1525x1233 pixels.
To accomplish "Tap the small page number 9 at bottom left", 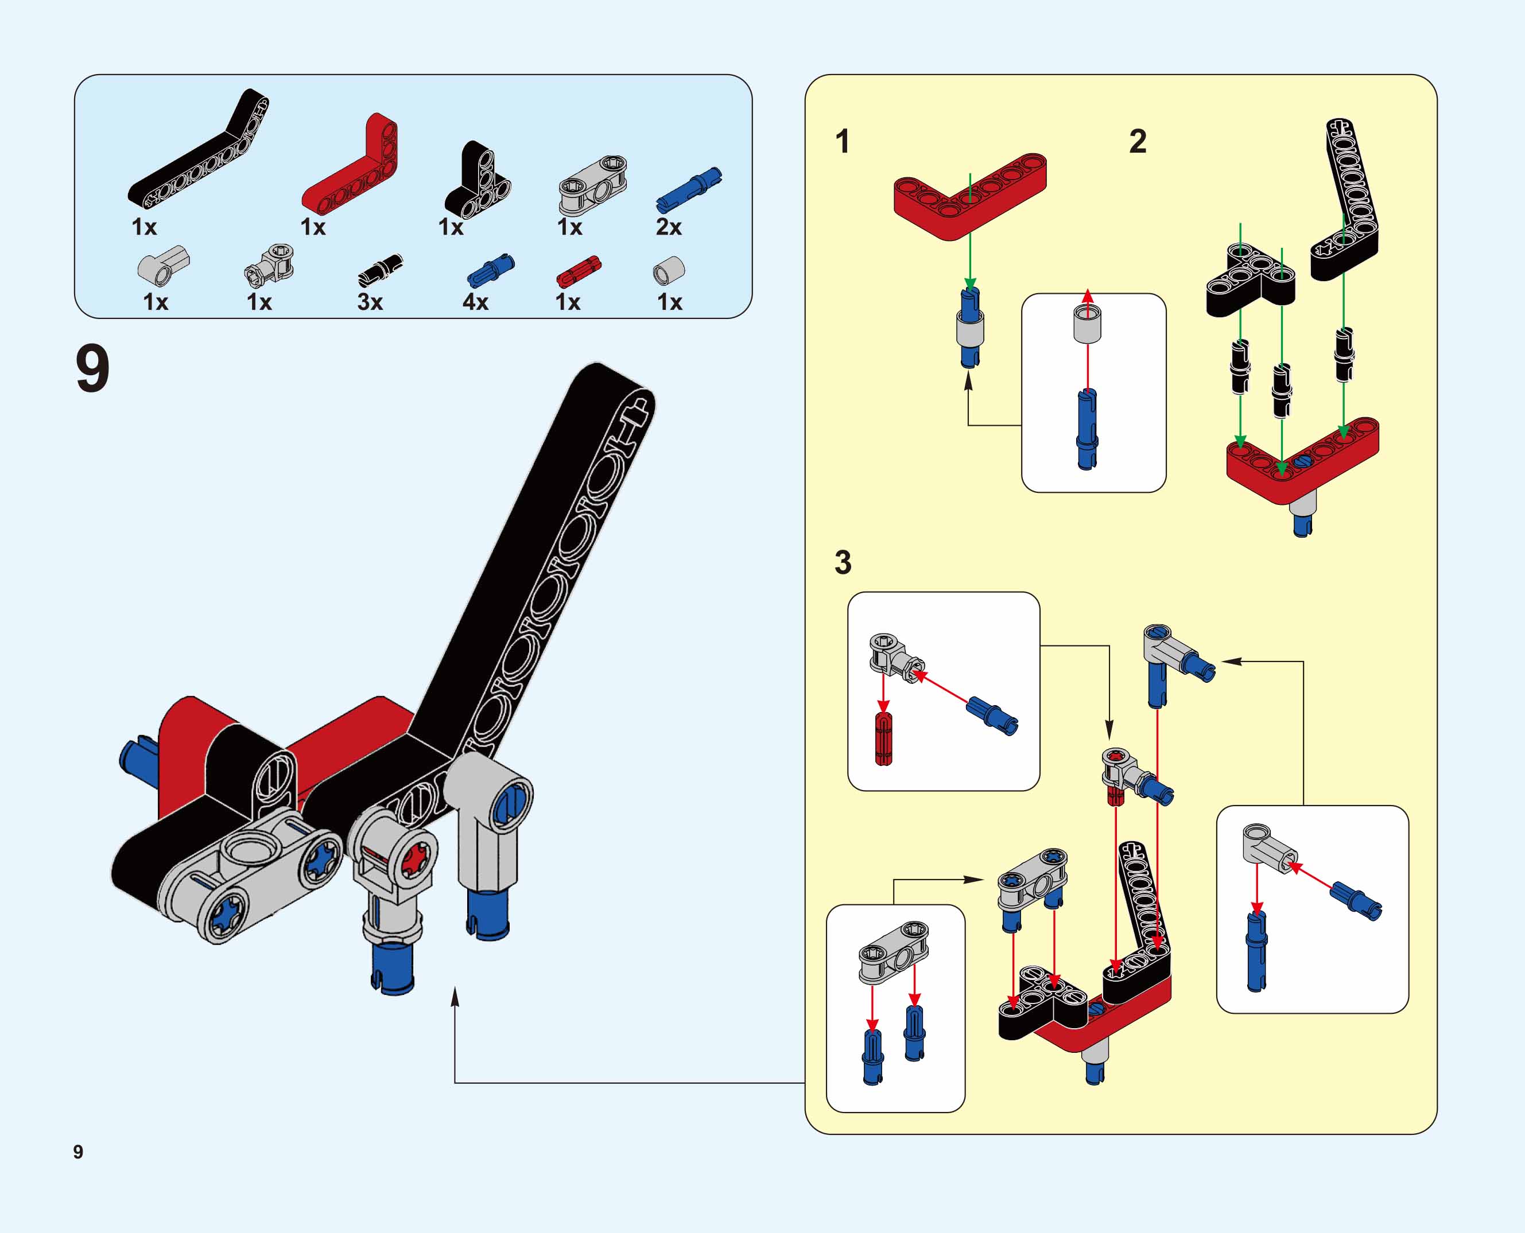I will pyautogui.click(x=78, y=1152).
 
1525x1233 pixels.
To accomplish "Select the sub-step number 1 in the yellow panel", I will pyautogui.click(x=843, y=141).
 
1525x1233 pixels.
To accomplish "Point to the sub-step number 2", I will pyautogui.click(x=1138, y=141).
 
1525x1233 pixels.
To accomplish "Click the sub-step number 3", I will pyautogui.click(x=843, y=562).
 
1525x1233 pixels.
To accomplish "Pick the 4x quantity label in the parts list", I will pyautogui.click(x=475, y=302).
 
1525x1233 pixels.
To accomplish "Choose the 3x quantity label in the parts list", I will pyautogui.click(x=370, y=302).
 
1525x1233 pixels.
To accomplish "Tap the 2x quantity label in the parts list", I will pyautogui.click(x=669, y=227).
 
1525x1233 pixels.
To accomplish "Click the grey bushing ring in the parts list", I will pyautogui.click(x=668, y=271).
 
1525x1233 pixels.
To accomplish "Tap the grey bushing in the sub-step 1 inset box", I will pyautogui.click(x=1087, y=324).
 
